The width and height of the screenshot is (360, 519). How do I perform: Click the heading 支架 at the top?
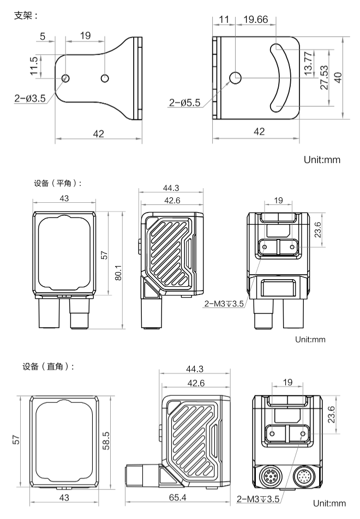point(25,16)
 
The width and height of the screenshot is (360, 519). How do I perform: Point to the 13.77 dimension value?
point(308,64)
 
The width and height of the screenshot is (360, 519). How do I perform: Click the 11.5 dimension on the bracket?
point(34,65)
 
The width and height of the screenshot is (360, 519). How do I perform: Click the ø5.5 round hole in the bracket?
point(236,78)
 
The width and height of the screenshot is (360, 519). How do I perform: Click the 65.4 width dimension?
point(177,498)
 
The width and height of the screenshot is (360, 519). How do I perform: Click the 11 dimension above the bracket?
point(224,20)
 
